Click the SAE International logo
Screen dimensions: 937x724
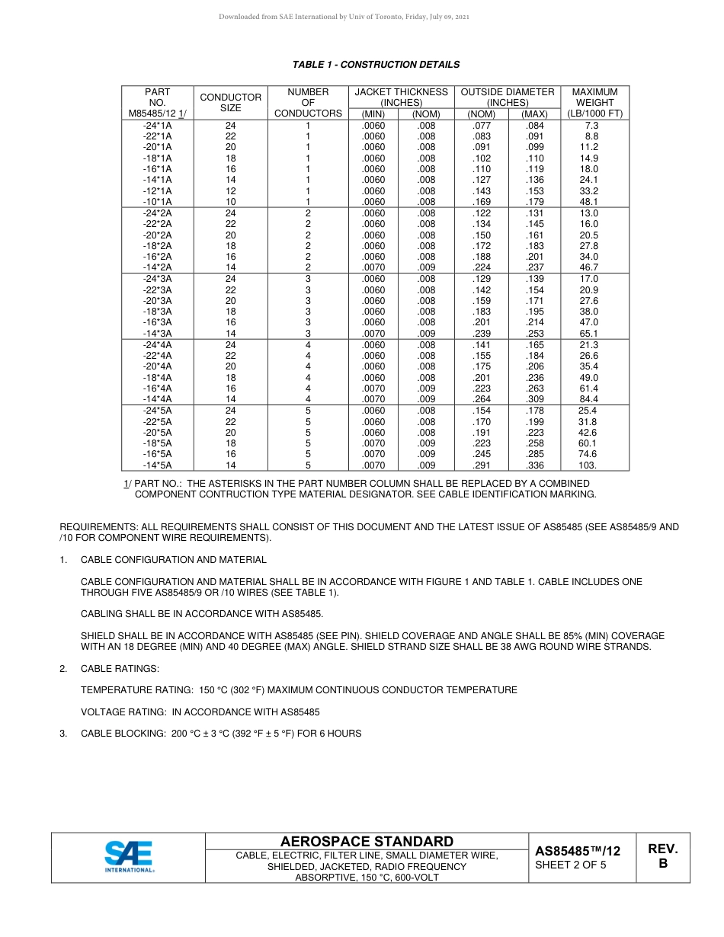129,857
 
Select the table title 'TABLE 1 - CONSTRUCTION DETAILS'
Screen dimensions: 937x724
376,65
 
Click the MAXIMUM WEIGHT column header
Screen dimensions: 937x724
594,102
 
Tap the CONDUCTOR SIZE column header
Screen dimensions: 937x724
230,102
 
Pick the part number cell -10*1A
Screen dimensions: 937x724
157,202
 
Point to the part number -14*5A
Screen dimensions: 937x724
157,465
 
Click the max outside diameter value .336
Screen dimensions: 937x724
534,465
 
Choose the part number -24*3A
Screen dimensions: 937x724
157,279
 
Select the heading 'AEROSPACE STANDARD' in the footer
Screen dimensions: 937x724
367,842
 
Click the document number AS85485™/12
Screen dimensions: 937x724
577,851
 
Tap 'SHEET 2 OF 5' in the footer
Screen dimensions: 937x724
571,865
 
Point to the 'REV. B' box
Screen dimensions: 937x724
662,856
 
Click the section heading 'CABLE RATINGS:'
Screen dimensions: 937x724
120,669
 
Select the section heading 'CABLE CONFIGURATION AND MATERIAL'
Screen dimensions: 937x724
173,560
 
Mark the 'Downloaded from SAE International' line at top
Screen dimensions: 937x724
344,17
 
